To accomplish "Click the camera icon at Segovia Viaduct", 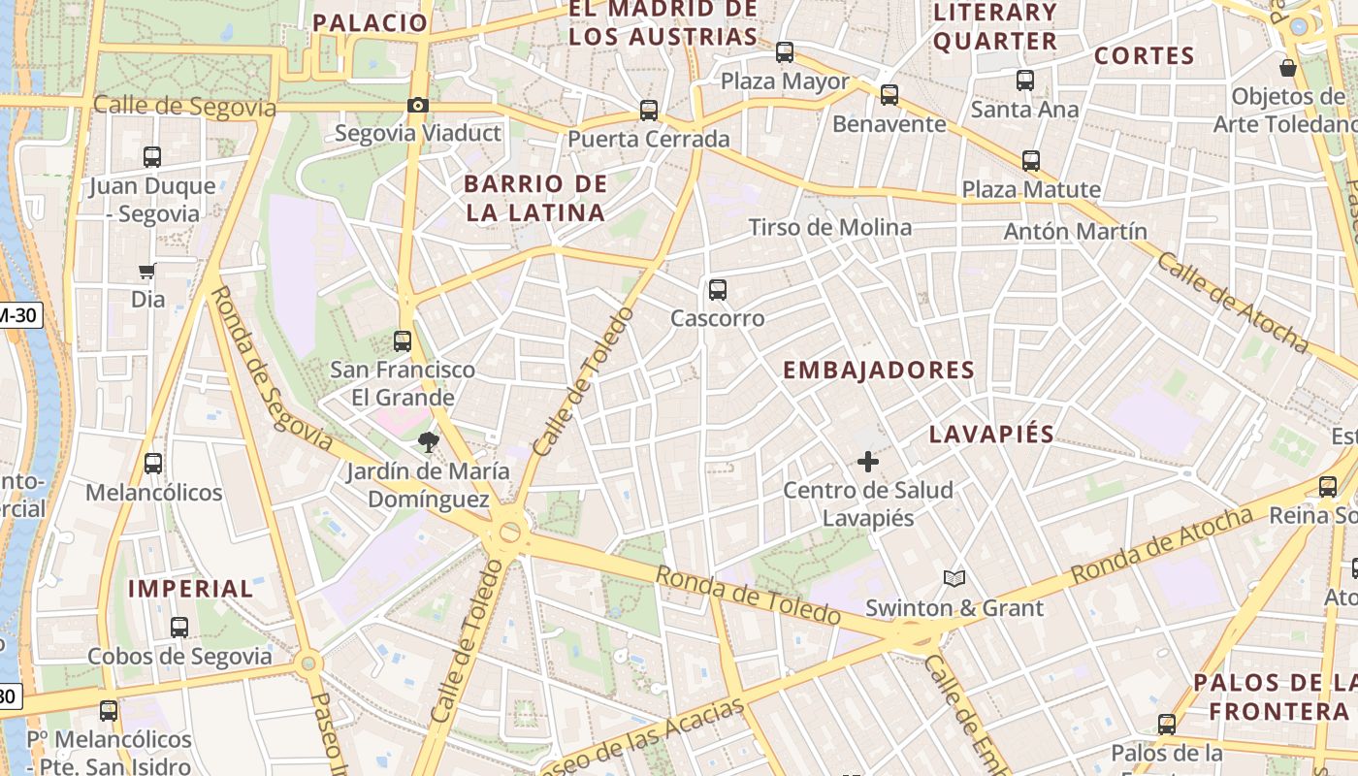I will tap(418, 105).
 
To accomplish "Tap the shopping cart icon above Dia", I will tap(147, 271).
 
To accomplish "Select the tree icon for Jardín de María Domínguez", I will tap(426, 443).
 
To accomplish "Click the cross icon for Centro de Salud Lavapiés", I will tap(868, 462).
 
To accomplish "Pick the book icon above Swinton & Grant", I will tap(954, 579).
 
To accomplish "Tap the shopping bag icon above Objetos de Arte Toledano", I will tap(1288, 68).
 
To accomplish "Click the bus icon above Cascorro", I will tap(718, 289).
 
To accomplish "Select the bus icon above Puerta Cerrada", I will tap(649, 111).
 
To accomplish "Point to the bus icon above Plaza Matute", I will tap(1030, 161).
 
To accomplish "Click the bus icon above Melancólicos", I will tap(153, 464).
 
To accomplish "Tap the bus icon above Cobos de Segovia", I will tap(179, 628).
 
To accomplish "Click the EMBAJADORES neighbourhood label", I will tap(878, 371).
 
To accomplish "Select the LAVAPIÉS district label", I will tap(991, 435).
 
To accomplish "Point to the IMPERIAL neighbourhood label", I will tap(190, 589).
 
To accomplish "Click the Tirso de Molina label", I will tap(829, 228).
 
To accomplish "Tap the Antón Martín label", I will tap(1075, 232).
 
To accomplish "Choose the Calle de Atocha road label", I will tap(1233, 302).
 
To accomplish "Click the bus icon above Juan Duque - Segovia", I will tap(152, 157).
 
